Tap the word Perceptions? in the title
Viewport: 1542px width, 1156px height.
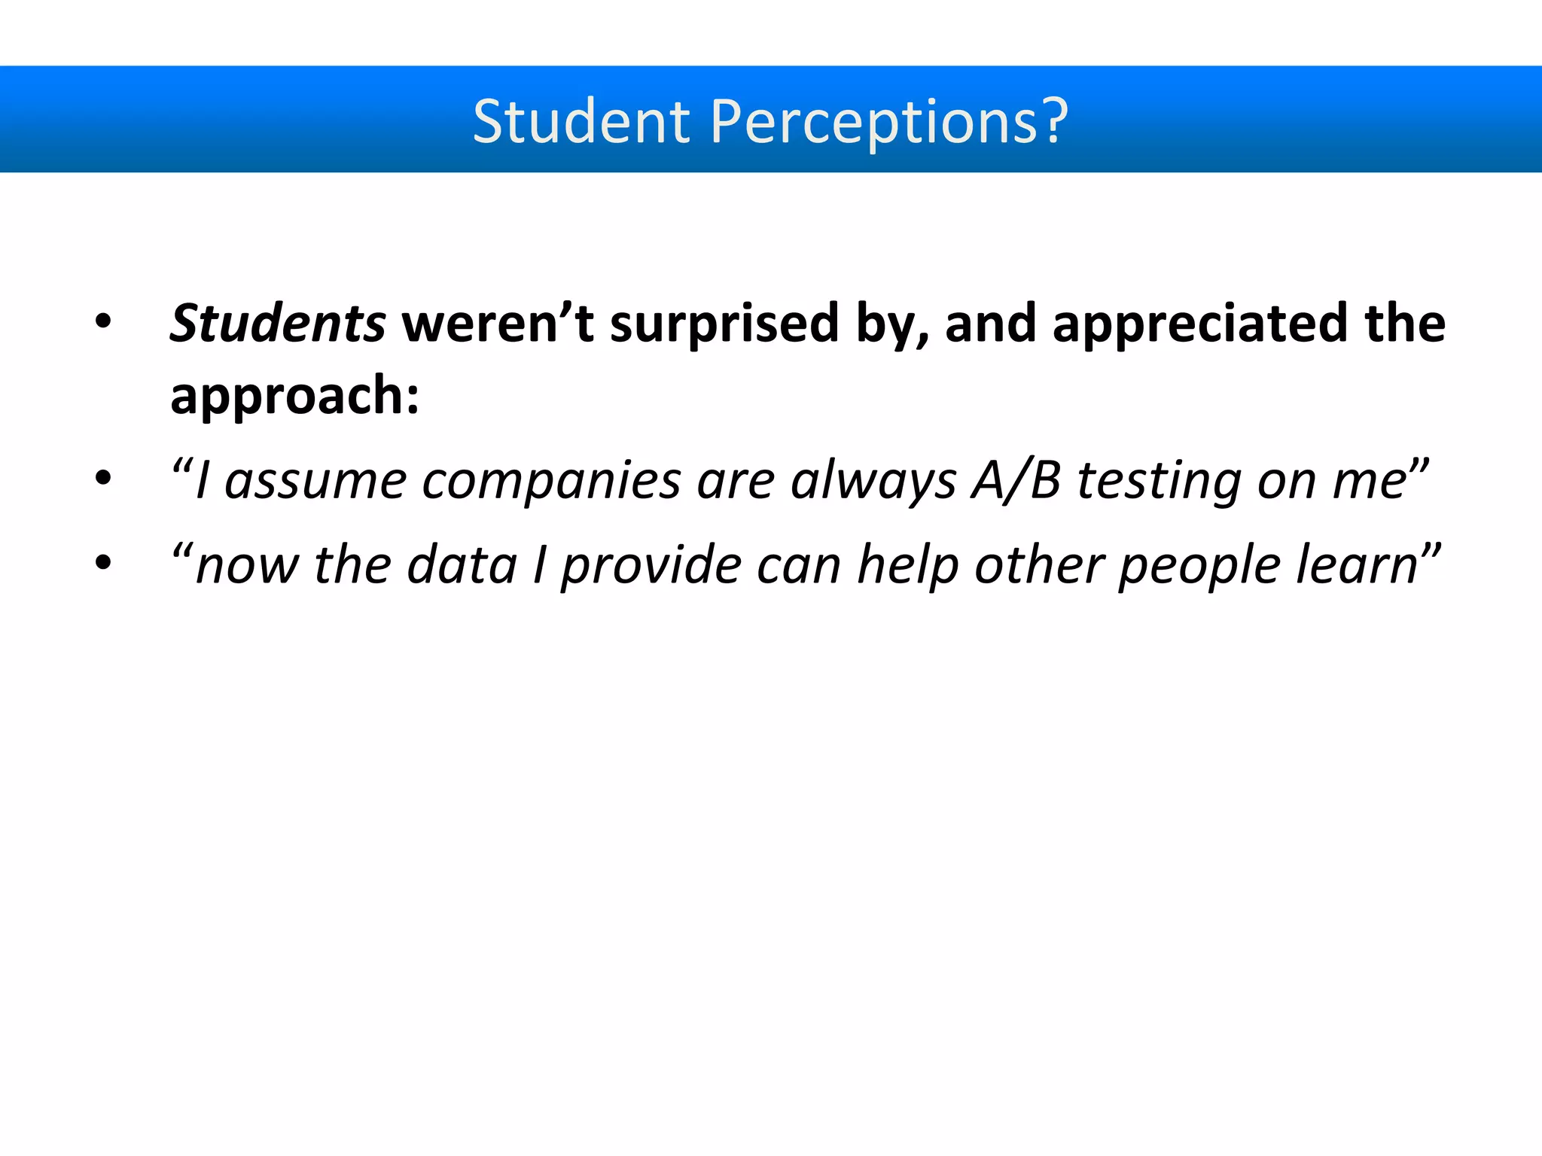(x=888, y=122)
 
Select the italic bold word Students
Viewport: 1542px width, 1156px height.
(x=278, y=323)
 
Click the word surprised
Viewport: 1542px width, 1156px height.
(x=724, y=324)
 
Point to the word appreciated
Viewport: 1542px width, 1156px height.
(x=1199, y=323)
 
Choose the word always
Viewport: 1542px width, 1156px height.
(x=873, y=482)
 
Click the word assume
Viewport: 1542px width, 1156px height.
(x=315, y=482)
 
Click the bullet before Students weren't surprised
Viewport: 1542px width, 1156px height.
(x=103, y=324)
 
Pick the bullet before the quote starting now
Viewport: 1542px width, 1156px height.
(x=103, y=562)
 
